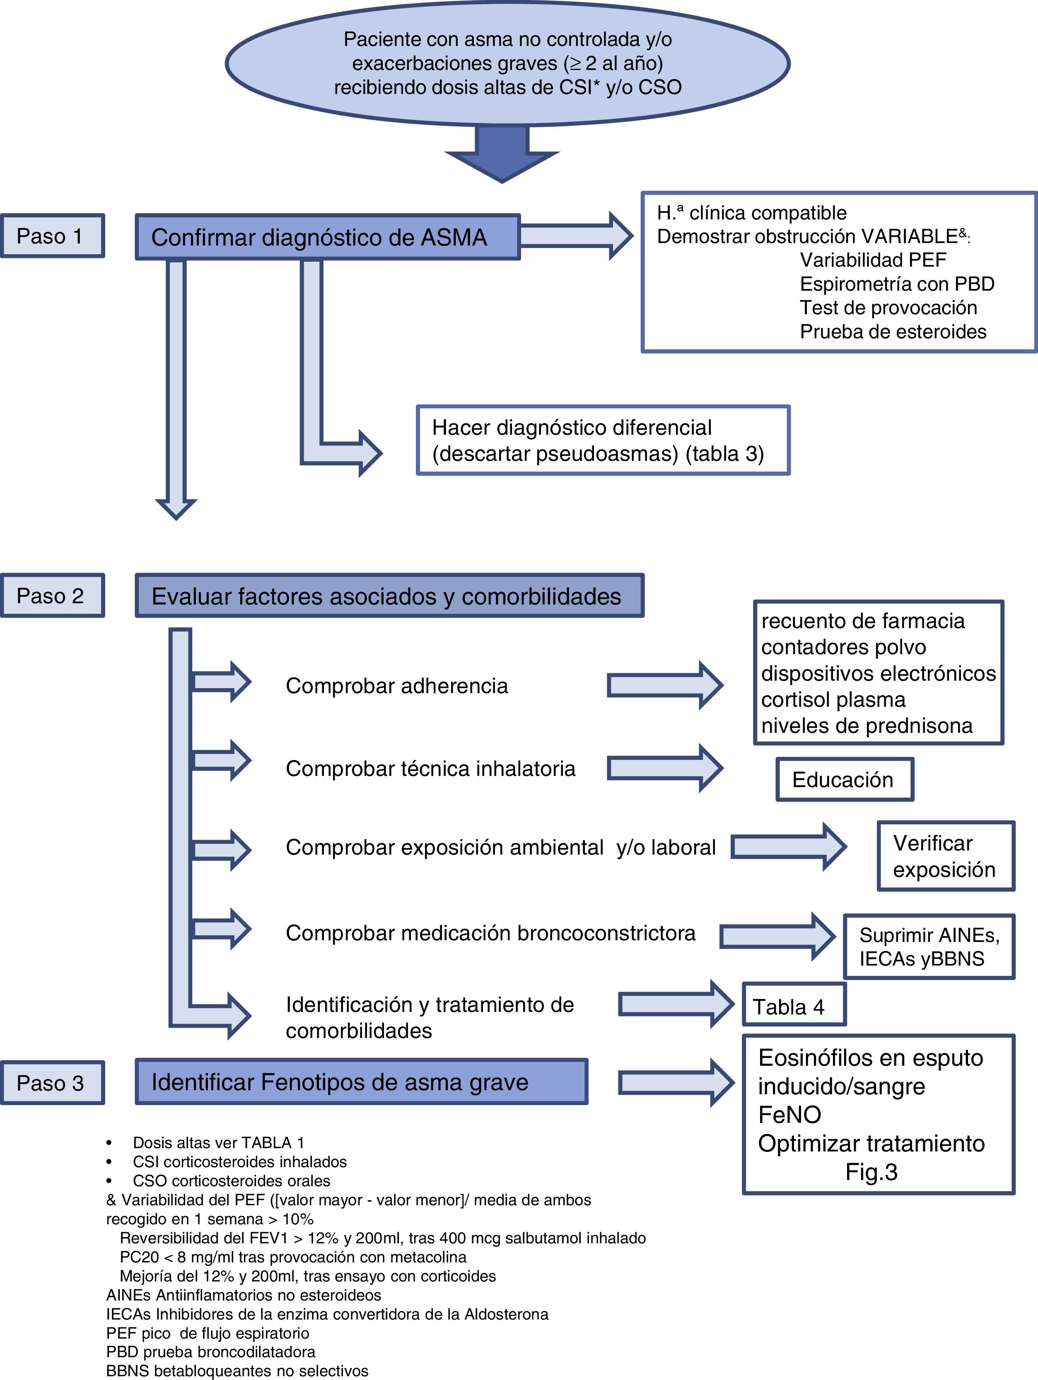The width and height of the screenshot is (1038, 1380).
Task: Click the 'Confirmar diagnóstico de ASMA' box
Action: coord(328,237)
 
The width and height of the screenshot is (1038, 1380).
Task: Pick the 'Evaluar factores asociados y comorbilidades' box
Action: coord(389,596)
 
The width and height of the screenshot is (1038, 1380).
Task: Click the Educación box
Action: coord(844,780)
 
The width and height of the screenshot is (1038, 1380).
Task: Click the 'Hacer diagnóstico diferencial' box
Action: coord(603,441)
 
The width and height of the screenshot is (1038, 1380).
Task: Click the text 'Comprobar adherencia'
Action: coord(397,686)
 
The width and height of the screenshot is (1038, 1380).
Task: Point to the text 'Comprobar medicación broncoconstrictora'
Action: coord(490,933)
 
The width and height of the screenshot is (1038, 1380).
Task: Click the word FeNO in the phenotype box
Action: coord(789,1115)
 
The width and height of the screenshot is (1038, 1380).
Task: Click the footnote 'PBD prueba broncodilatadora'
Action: coord(211,1351)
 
